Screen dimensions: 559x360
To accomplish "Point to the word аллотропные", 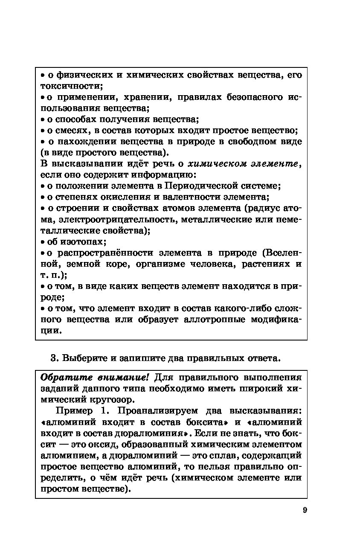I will [215, 319].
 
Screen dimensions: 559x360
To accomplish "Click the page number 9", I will [305, 510].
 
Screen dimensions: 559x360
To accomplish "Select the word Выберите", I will [84, 358].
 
